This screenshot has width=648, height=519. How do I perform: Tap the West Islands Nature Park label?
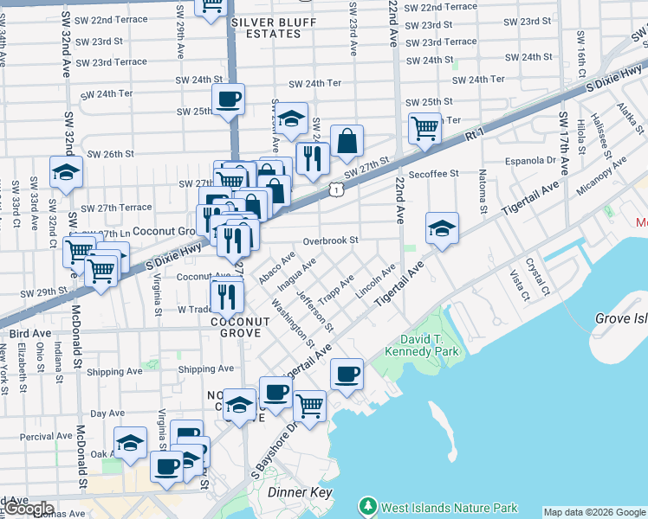[450, 508]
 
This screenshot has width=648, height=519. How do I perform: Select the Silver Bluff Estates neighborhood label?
[267, 27]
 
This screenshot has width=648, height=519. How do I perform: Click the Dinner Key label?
[299, 492]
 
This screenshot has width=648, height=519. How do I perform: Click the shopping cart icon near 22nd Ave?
[424, 128]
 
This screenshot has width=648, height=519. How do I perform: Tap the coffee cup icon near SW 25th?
[228, 99]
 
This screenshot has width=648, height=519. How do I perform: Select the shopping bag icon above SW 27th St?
[347, 141]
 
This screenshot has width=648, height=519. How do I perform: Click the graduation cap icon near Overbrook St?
[442, 228]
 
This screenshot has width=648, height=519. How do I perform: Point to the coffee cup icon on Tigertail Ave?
[347, 374]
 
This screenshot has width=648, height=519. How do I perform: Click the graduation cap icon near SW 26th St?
[66, 172]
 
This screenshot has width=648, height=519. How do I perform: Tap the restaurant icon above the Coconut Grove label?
[227, 296]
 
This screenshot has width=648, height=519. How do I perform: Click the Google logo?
[29, 509]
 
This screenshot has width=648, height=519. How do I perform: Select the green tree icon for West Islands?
[368, 507]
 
